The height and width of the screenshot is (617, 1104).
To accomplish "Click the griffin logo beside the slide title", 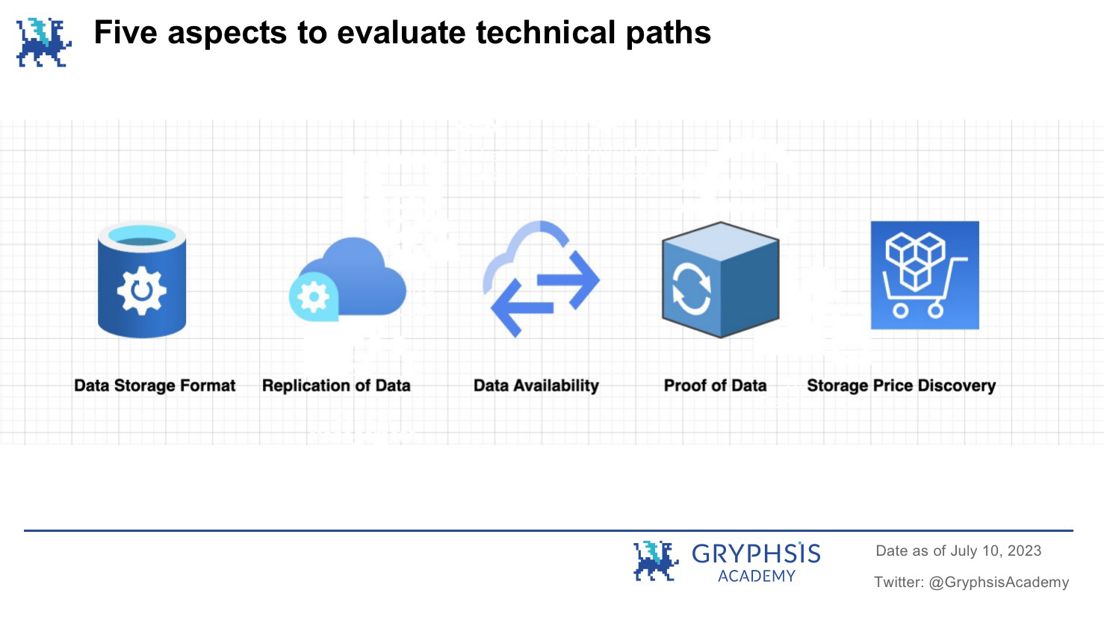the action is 44,43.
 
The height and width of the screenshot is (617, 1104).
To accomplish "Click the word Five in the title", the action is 125,33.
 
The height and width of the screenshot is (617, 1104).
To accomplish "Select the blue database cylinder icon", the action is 142,280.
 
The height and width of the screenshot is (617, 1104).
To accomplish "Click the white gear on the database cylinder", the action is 141,291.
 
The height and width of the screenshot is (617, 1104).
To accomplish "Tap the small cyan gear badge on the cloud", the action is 314,297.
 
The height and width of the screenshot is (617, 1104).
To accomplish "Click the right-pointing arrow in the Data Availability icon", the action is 568,280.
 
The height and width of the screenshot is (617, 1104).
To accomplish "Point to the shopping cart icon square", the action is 925,275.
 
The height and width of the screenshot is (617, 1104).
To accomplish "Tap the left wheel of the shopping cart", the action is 900,311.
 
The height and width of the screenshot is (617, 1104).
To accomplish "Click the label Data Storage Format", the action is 155,385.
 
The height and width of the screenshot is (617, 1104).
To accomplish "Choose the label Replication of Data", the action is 336,385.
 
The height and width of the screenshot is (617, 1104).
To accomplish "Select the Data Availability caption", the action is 536,385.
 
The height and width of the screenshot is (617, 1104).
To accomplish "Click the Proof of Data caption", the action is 715,385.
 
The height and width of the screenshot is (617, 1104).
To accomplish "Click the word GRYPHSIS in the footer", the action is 756,554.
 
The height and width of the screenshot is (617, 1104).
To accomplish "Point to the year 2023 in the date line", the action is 1024,551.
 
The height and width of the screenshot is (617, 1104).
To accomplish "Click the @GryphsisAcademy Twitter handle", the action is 999,582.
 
